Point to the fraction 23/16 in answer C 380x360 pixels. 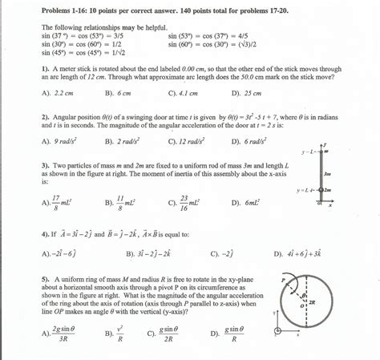[x=184, y=203]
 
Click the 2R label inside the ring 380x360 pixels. [x=312, y=303]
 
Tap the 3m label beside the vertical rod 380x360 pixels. [x=328, y=172]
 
